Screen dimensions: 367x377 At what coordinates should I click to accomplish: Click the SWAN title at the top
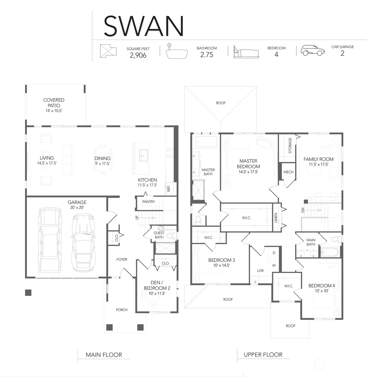[x=144, y=26]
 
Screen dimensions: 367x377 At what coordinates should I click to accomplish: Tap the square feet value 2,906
[x=138, y=55]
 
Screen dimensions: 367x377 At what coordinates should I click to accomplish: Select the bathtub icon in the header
[x=177, y=51]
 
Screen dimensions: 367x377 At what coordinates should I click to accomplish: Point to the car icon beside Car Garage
[x=313, y=51]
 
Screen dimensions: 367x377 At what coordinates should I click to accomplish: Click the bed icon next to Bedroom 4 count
[x=246, y=52]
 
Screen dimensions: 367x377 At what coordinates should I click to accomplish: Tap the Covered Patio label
[x=54, y=103]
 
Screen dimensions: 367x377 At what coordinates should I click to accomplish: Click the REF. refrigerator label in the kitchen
[x=169, y=188]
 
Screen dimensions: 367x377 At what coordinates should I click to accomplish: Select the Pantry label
[x=149, y=202]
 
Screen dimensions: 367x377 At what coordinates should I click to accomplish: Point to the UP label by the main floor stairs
[x=137, y=218]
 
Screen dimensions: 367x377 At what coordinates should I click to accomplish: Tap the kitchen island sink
[x=144, y=155]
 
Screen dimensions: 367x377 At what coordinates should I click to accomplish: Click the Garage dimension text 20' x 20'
[x=77, y=207]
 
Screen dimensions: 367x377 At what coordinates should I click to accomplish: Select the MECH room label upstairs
[x=288, y=172]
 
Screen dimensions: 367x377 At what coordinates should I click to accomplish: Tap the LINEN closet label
[x=276, y=218]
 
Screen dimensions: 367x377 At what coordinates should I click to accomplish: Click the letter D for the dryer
[x=274, y=253]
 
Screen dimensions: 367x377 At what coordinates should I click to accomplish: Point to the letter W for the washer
[x=274, y=265]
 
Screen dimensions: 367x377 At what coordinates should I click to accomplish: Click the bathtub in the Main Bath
[x=330, y=252]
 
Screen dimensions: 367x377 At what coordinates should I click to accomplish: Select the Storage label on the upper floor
[x=290, y=145]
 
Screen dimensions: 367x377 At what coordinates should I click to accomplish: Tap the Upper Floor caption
[x=263, y=355]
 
